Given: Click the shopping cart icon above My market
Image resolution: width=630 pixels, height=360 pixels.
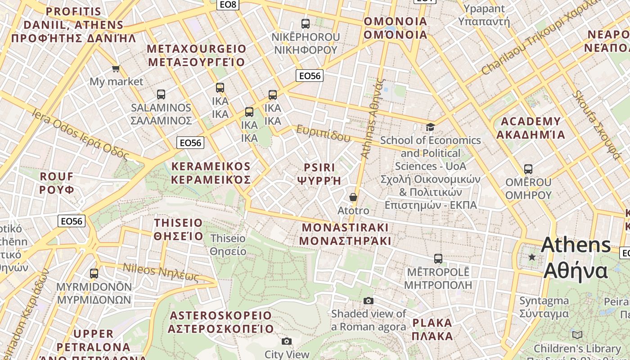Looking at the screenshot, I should point(116,69).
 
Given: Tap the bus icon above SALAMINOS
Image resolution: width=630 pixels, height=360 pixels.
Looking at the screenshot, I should point(161,94).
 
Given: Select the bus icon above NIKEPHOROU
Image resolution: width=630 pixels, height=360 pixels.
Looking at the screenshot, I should point(306,24).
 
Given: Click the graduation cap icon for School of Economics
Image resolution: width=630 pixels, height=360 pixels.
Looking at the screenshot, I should point(431,127).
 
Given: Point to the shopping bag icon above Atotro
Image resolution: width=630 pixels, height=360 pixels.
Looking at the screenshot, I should point(353,198).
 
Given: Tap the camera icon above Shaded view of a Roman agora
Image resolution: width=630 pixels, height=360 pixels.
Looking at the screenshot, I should point(369,301).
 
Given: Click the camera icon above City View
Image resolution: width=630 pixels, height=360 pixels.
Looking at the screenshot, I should point(287,342).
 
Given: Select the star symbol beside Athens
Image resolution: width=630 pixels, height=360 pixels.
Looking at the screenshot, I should point(532,257).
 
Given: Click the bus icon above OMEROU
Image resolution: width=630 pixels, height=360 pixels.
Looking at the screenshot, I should point(528,170).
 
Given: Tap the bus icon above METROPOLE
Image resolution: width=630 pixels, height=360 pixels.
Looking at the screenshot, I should point(438,259).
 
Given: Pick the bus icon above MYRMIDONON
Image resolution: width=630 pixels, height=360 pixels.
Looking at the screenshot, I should point(94,273).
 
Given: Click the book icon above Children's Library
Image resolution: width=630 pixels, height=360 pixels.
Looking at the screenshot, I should point(577,335).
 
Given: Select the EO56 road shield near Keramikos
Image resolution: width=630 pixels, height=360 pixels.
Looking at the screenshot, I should point(190,143).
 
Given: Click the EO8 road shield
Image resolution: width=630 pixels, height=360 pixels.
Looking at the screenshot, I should point(228,4).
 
